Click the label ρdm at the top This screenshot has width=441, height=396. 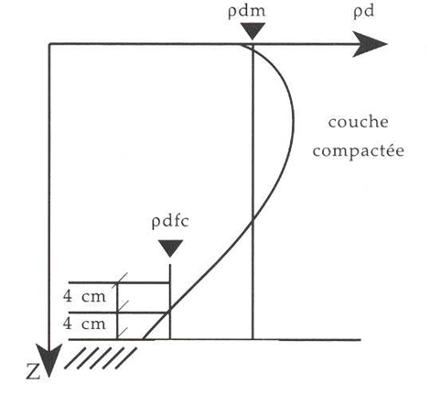246,12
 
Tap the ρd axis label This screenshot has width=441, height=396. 363,12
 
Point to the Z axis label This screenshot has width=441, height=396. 33,371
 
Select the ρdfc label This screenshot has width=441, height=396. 170,222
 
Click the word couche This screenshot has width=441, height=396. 359,122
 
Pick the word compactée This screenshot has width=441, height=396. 359,151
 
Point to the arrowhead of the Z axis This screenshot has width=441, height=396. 48,360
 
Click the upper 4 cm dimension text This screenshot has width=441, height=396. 84,296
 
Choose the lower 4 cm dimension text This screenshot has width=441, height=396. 84,324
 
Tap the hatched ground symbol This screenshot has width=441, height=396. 101,357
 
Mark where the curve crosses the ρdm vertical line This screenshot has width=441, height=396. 253,222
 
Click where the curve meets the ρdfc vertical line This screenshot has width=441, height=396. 170,312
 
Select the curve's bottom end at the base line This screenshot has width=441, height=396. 144,339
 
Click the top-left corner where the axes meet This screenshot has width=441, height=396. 49,44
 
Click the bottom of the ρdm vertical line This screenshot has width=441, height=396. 253,339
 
